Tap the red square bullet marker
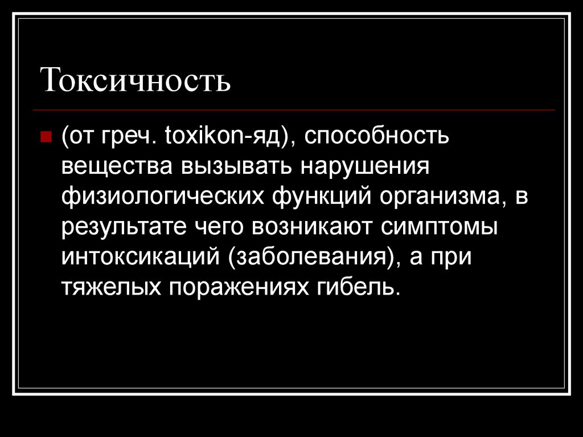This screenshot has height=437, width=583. click(x=47, y=137)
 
